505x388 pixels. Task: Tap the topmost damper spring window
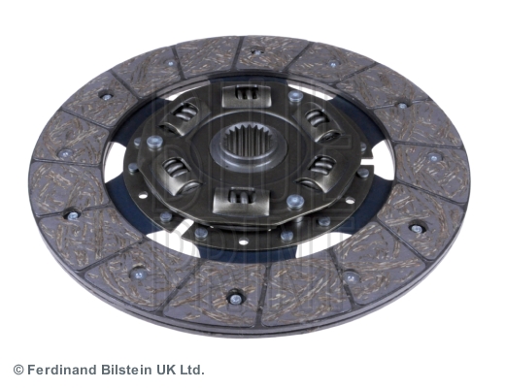click(246, 94)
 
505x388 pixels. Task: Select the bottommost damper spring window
click(242, 201)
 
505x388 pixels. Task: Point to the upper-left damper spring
click(184, 113)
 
